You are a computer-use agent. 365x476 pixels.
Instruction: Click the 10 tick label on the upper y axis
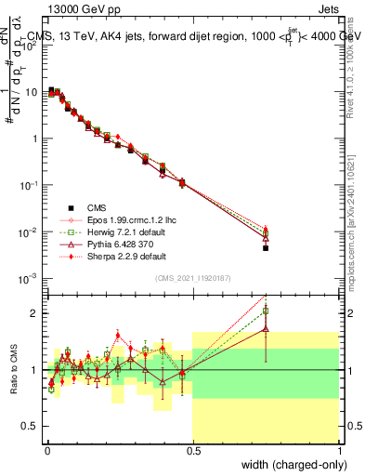click(31, 92)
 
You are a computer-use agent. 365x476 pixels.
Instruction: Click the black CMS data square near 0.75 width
click(266, 248)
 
